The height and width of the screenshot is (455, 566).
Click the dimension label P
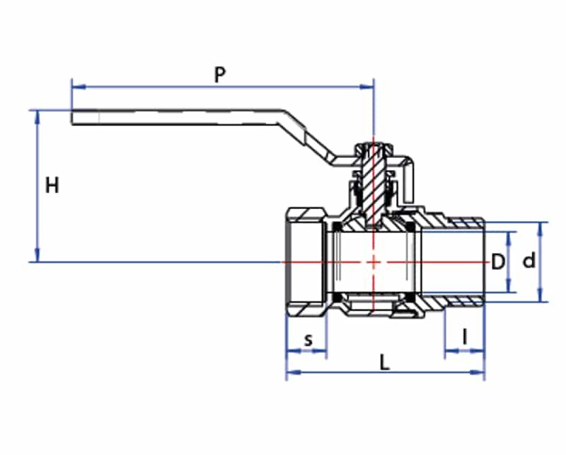[220, 74]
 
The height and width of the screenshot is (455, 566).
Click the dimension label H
[52, 186]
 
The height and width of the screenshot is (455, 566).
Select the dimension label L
[384, 363]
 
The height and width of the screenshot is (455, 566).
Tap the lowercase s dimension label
[308, 340]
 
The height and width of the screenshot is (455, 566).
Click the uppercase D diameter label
[499, 262]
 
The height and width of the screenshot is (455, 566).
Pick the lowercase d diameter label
[529, 262]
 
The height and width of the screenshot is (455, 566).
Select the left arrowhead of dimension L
[291, 372]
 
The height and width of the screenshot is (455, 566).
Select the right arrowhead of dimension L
[480, 372]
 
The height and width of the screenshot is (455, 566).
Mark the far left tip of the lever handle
[73, 118]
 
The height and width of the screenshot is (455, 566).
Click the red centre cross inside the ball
[374, 262]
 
